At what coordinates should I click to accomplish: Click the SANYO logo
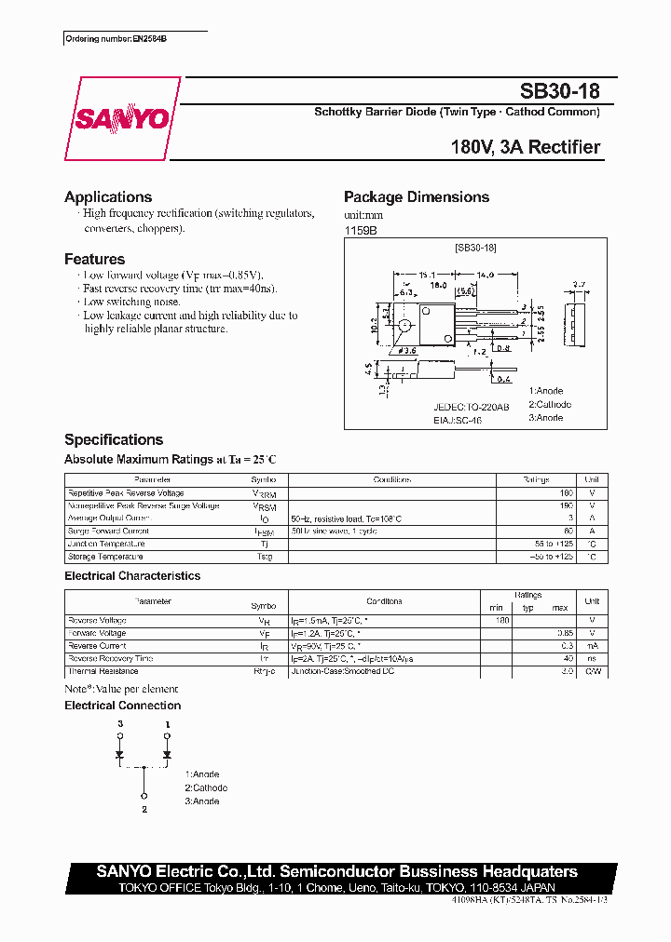(x=122, y=119)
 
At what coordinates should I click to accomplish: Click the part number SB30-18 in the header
(x=559, y=91)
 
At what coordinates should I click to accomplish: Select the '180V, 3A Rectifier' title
(x=525, y=147)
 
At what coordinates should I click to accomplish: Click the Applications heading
(x=108, y=196)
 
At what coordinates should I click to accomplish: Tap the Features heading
(x=94, y=259)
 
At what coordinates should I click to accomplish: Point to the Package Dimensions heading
(x=416, y=196)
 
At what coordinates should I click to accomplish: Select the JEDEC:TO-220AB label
(x=472, y=407)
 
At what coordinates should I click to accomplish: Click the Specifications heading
(x=114, y=439)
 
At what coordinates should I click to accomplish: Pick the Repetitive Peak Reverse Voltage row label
(x=126, y=493)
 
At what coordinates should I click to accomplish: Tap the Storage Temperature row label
(x=105, y=557)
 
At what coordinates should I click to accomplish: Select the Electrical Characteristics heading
(x=132, y=576)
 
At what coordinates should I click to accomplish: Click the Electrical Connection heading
(x=122, y=706)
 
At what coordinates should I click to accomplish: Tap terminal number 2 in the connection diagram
(x=144, y=811)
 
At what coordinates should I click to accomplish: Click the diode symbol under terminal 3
(x=119, y=754)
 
